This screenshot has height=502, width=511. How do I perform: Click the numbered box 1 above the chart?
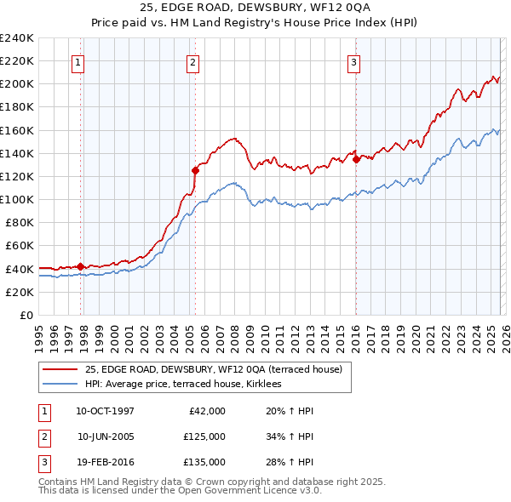click(x=78, y=61)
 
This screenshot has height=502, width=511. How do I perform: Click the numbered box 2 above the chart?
click(x=193, y=61)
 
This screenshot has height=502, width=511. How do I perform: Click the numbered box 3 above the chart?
click(x=353, y=61)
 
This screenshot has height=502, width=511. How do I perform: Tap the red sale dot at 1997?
click(x=80, y=266)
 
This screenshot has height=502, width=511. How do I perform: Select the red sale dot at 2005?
click(x=195, y=170)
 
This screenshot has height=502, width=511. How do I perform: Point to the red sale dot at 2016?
click(x=356, y=159)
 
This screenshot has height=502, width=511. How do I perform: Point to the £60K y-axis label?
click(x=19, y=246)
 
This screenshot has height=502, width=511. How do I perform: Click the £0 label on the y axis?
click(x=26, y=315)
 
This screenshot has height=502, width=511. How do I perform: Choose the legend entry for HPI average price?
click(x=189, y=384)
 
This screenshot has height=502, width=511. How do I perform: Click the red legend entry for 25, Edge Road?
click(x=213, y=369)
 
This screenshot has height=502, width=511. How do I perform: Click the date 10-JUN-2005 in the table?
click(x=106, y=436)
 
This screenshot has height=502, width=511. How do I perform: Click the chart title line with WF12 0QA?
click(x=255, y=8)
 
